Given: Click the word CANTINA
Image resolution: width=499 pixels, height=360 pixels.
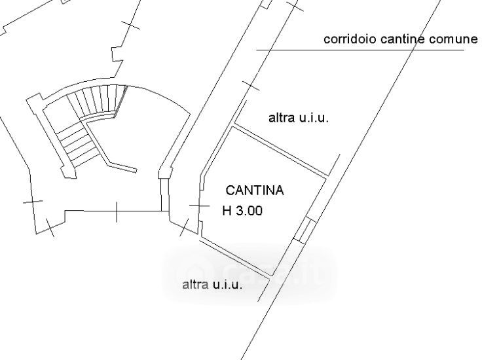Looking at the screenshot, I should tap(255, 191).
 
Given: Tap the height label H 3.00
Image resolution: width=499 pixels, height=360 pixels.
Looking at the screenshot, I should tap(243, 211).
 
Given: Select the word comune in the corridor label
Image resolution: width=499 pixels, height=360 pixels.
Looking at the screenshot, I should tap(454, 39).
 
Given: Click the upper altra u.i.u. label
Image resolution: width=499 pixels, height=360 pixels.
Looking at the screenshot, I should tap(298, 118).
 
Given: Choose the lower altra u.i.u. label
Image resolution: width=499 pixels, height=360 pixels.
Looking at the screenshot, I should tap(213, 285).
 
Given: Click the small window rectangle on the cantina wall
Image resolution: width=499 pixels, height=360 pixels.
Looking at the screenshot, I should tap(305, 230).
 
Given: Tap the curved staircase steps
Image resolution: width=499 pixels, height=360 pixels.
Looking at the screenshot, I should tap(98, 101).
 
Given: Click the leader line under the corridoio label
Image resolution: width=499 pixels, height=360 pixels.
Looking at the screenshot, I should tap(360, 50).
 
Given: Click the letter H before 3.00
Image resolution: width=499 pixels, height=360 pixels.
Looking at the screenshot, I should tap(227, 211).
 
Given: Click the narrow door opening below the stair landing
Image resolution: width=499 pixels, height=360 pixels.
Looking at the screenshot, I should tap(166, 194).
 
